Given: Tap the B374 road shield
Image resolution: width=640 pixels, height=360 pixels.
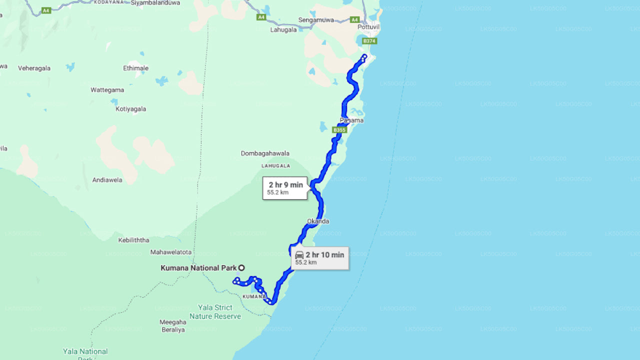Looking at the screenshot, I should pos(369,40).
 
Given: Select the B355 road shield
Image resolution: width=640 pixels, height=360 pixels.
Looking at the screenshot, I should pos(339,130).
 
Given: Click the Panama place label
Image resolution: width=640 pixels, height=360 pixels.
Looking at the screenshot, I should pos(351,120).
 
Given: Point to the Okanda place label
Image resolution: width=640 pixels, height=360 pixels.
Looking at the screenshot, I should pos(318,221).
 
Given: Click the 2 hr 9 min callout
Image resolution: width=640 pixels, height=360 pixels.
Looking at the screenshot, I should pos(285,188).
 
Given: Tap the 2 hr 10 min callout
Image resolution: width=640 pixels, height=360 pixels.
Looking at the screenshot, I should pos(320,258).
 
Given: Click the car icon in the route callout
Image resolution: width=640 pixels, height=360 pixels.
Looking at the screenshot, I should pos(299,255).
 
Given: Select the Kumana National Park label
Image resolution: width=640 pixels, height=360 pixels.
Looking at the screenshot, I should pos(198,268).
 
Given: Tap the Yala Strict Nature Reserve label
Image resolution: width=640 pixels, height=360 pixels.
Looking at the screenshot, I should pos(215,311).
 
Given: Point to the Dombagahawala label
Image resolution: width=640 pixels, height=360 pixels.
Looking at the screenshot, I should pos(265,153).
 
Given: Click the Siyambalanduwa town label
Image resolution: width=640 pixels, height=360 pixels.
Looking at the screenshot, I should pos(154,2).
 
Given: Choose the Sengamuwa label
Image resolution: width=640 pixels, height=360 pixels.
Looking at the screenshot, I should pos(316,20).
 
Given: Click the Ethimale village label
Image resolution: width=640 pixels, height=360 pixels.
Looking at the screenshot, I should pos(135,68).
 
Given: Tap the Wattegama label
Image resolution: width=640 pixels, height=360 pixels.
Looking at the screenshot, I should pos(107,90).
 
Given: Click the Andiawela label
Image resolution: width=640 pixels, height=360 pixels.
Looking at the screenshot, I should pos(107,180).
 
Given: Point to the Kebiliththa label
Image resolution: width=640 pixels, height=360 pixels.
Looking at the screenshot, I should pos(133,240).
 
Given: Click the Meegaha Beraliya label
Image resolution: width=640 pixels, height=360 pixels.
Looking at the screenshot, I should pos(172,326).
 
